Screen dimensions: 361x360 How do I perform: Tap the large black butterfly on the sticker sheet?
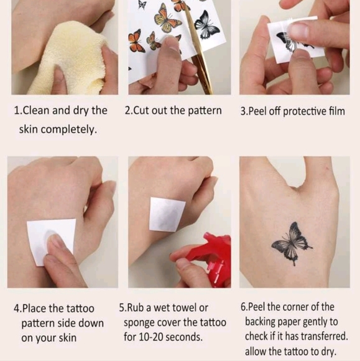pyautogui.click(x=206, y=24)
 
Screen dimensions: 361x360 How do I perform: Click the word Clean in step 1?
pyautogui.click(x=37, y=111)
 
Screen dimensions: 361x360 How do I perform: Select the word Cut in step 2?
pyautogui.click(x=141, y=111)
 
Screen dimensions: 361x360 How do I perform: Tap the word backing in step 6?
pyautogui.click(x=261, y=322)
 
